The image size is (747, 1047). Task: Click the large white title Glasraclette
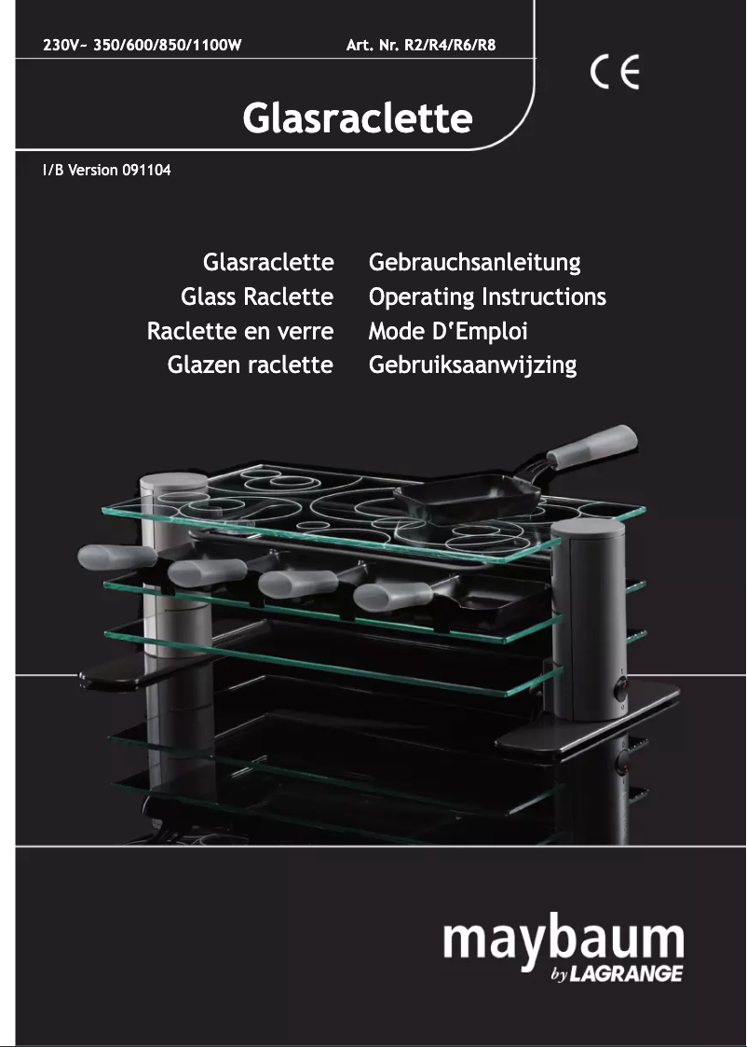[357, 119]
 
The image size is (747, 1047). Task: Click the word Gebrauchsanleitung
[474, 263]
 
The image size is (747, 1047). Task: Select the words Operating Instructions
[487, 297]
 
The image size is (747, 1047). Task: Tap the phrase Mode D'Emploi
[448, 331]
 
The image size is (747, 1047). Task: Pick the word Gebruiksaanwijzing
[472, 365]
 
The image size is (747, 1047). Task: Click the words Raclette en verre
[240, 331]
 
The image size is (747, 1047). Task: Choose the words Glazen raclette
[250, 365]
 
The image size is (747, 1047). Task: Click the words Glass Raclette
[257, 297]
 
